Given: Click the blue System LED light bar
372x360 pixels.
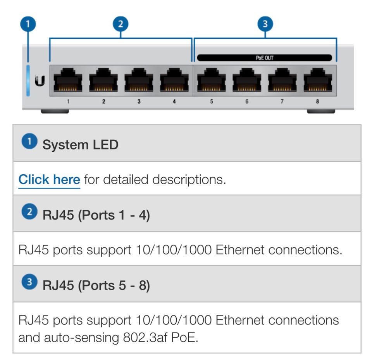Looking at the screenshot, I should (28, 80).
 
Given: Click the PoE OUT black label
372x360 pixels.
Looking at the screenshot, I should (265, 58).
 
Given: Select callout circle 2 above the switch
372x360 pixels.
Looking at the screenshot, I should (121, 24).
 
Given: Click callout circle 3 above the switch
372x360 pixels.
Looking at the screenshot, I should (265, 24).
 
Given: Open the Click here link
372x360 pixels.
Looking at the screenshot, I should (49, 180).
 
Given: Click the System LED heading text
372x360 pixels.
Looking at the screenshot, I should (80, 145).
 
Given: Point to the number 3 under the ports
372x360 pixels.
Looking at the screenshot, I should (139, 102).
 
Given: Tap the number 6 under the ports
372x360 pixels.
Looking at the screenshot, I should (246, 102).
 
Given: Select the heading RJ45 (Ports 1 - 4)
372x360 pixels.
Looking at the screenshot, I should (96, 215).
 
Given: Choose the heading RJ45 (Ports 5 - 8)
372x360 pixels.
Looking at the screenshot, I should (96, 286).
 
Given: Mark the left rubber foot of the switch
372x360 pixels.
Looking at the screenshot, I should (55, 111).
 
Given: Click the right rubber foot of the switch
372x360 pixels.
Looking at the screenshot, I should (321, 111).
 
